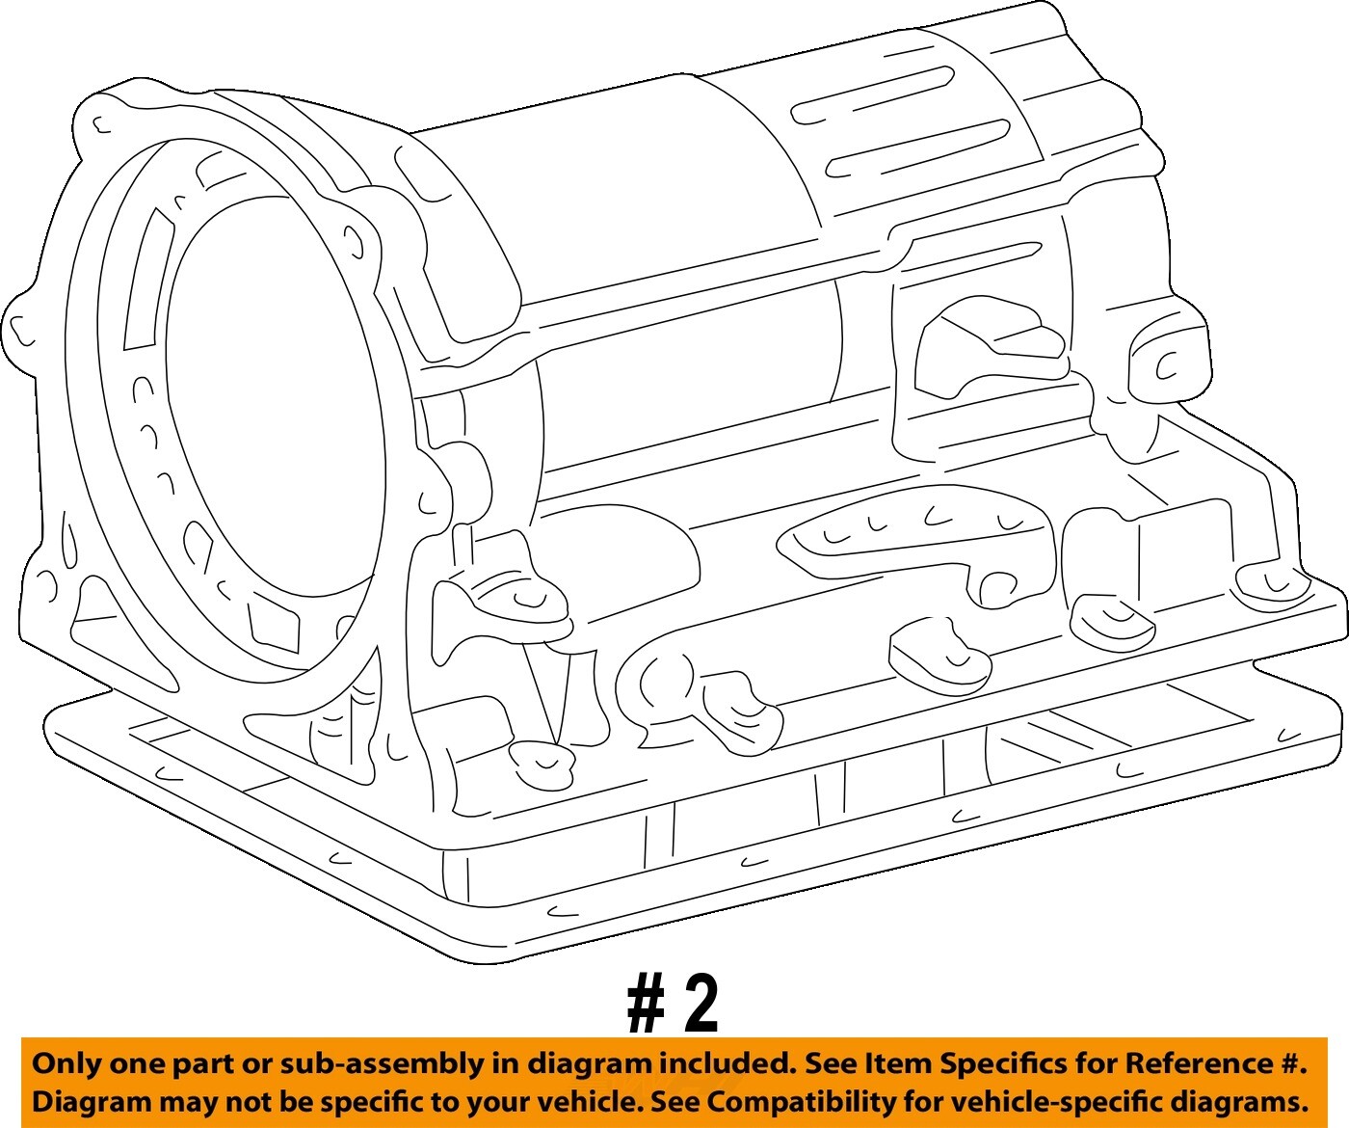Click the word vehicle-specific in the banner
[x=1045, y=1101]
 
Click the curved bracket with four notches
[x=915, y=530]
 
